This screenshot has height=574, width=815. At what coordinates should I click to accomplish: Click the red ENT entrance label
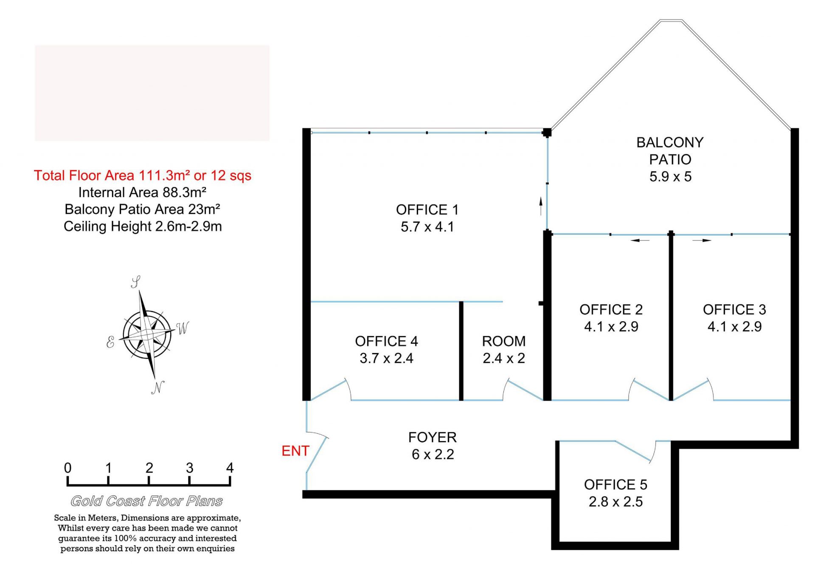coord(295,451)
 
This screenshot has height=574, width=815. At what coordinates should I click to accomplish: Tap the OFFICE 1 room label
coord(427,210)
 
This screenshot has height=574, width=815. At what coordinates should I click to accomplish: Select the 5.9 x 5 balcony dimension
coord(670,176)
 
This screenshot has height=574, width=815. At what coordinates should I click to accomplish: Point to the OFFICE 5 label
coord(615,485)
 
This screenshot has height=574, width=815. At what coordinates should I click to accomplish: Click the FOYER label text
coord(433,438)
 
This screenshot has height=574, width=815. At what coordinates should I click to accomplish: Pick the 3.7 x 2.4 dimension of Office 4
coord(386,358)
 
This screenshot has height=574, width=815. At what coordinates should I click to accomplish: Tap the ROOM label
coord(504,341)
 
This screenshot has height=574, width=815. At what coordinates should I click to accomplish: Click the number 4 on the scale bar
coord(230,468)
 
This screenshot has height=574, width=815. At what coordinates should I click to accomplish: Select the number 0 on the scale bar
coord(67,468)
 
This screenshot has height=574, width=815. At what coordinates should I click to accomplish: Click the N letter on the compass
coord(158,387)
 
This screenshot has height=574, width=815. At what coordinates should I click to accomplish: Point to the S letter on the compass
coord(136,282)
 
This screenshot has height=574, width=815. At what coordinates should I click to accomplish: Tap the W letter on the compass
coord(183,328)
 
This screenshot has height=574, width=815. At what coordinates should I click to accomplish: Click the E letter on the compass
coord(110,342)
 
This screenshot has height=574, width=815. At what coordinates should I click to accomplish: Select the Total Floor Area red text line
coord(143,175)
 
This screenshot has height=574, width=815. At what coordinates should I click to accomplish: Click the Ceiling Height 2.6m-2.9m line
coord(143,226)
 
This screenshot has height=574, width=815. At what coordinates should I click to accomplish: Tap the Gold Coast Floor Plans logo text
coord(146,501)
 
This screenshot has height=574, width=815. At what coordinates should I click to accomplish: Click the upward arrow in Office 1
coord(541,206)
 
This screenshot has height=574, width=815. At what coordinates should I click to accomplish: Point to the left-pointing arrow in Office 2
coord(640,240)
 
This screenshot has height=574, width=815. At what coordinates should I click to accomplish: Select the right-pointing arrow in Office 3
coord(702,240)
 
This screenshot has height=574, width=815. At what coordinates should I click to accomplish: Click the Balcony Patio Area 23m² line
coord(143,209)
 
